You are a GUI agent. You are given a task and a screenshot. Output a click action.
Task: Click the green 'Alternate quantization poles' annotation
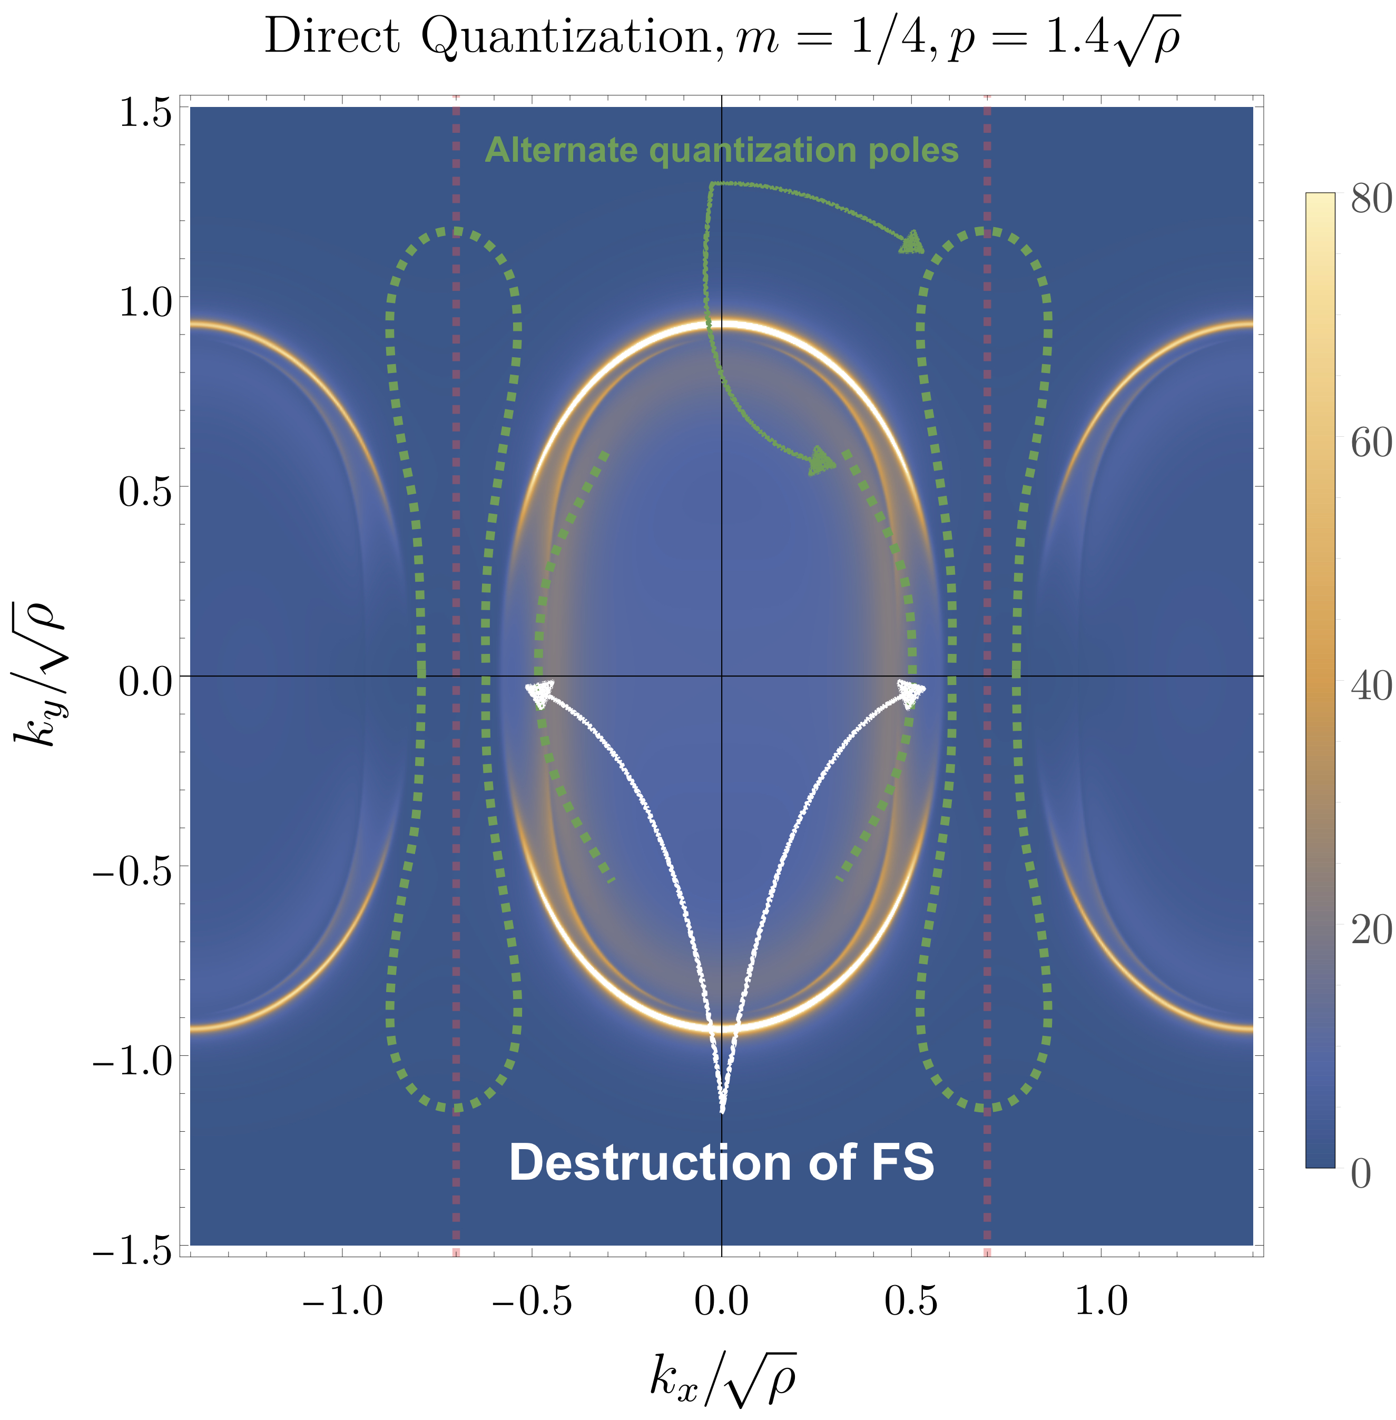[x=722, y=150]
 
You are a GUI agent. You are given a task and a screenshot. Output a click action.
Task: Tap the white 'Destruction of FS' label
[x=722, y=1162]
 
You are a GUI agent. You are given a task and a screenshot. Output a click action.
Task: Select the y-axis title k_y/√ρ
[x=41, y=675]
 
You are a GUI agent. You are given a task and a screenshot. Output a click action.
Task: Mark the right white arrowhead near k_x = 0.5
[x=911, y=692]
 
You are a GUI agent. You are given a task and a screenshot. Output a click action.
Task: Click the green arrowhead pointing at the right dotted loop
[x=912, y=243]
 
